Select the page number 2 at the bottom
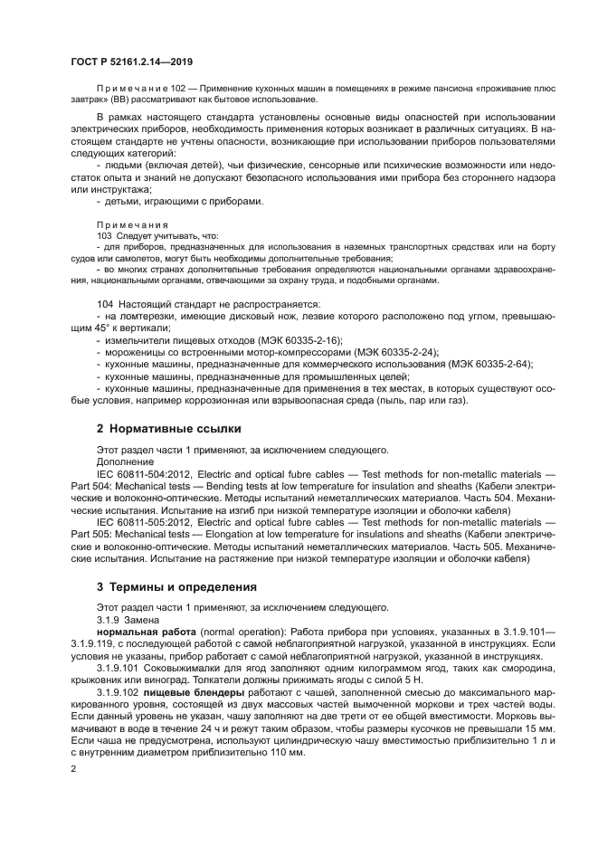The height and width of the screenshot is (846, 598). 73,767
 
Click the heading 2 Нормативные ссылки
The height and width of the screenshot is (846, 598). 169,427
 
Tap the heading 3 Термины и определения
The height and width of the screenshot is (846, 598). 176,586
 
